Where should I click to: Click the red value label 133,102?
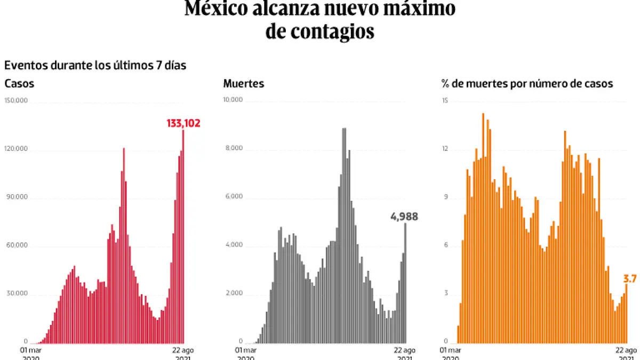click(x=183, y=123)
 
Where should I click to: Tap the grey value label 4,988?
click(x=404, y=217)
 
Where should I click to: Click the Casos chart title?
click(x=19, y=84)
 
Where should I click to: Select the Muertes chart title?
click(x=244, y=84)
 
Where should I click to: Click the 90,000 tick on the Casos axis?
click(x=17, y=197)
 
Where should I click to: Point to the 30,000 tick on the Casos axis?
click(x=17, y=294)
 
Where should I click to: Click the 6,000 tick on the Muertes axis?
click(x=234, y=196)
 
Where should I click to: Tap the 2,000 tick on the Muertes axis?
click(x=234, y=293)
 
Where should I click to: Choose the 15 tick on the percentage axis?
click(x=445, y=101)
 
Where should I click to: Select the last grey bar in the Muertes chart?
click(x=405, y=283)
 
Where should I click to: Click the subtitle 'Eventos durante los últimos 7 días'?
click(x=95, y=66)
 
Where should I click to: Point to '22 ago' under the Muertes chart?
click(x=405, y=350)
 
